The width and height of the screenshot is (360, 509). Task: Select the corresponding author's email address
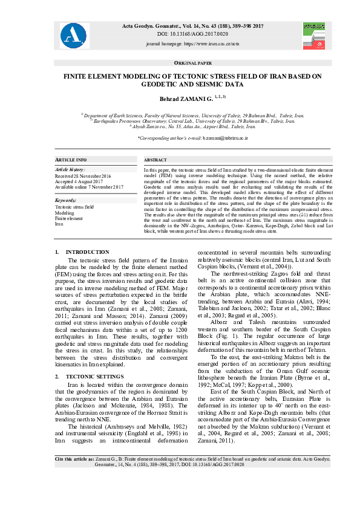pos(215,138)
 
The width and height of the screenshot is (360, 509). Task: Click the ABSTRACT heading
pos(155,159)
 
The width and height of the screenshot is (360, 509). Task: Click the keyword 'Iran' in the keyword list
pos(59,224)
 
